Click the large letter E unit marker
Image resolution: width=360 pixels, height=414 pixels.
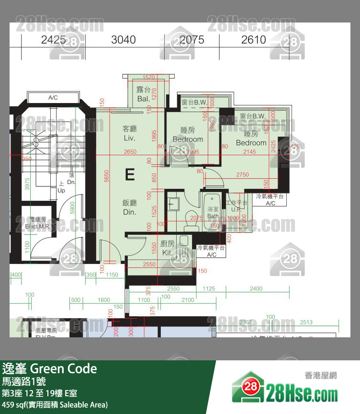pyautogui.click(x=130, y=174)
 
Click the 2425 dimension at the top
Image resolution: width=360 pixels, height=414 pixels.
pyautogui.click(x=53, y=40)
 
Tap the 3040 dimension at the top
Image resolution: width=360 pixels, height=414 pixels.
pyautogui.click(x=124, y=40)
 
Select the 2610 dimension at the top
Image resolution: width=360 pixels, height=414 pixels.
pyautogui.click(x=253, y=40)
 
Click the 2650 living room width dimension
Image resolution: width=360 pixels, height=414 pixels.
pyautogui.click(x=130, y=152)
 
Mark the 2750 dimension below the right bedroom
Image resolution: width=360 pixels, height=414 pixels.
pyautogui.click(x=242, y=175)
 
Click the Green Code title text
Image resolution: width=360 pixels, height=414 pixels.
pyautogui.click(x=63, y=368)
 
